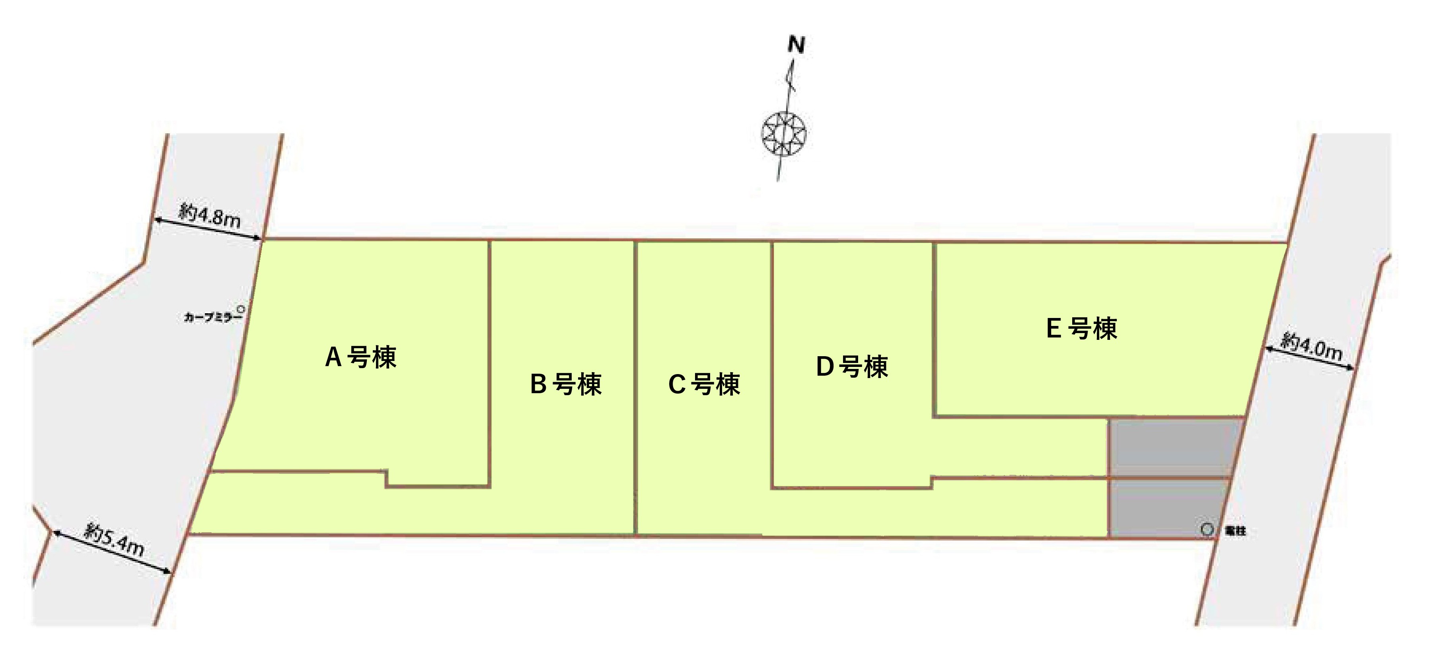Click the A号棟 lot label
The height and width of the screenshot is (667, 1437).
360,357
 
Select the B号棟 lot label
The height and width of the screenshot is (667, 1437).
566,384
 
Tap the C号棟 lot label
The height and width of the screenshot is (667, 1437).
704,384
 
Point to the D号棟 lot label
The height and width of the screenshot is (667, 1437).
852,367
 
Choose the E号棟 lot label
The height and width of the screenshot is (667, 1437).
1082,328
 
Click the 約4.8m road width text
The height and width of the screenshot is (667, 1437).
210,215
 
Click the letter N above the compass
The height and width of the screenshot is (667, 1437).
796,45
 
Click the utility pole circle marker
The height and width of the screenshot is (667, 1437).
1207,529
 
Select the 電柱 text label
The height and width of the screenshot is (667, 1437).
1235,531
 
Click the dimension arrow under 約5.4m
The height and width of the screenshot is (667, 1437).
111,552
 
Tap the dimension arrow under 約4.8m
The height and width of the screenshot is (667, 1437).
208,229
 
